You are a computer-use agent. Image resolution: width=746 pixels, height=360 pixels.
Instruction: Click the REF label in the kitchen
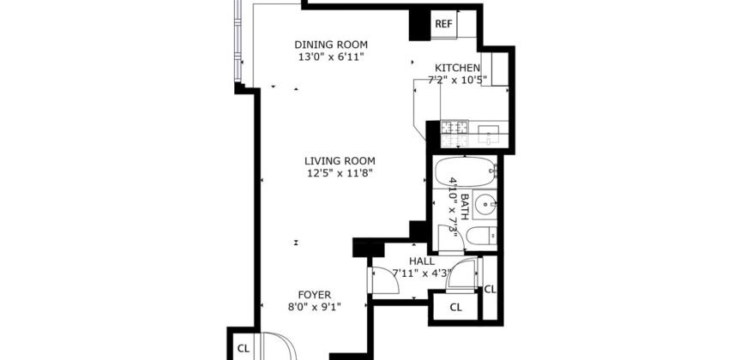pos(443,24)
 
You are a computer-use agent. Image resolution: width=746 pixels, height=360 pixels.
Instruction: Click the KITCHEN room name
pos(458,69)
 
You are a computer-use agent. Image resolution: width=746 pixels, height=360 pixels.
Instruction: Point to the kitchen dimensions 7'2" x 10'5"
pos(458,81)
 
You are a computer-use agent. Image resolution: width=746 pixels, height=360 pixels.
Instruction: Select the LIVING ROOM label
pos(340,160)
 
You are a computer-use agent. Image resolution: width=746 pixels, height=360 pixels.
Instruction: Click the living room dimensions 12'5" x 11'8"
pos(340,172)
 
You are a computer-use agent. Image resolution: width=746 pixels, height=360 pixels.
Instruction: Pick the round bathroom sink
pos(487,205)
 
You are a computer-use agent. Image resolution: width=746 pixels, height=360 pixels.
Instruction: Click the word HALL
pos(421,261)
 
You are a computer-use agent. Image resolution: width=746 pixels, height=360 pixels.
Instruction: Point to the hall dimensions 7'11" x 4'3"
pos(421,273)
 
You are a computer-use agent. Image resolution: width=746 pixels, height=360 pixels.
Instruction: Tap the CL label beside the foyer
pos(243,348)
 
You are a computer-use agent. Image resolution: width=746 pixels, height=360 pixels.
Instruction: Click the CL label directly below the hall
pos(455,307)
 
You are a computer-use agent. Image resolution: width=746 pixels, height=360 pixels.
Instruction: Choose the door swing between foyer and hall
pos(378,281)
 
